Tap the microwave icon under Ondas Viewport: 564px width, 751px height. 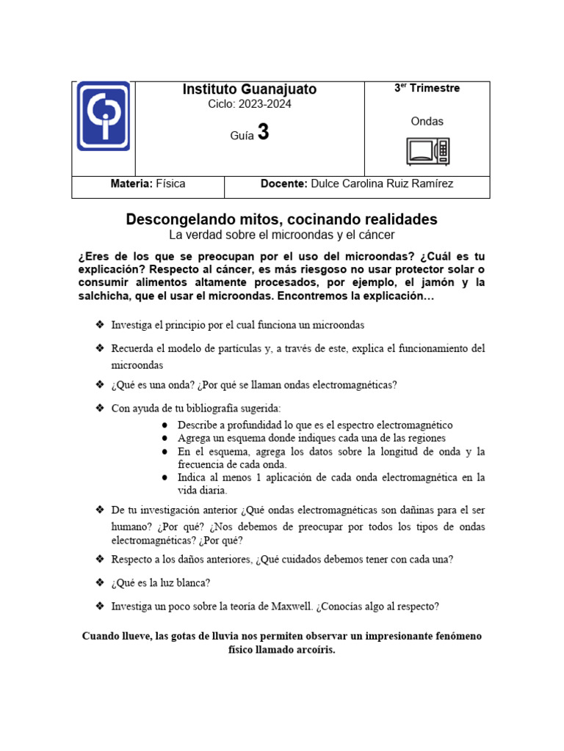click(428, 151)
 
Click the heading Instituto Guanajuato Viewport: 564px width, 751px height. click(250, 89)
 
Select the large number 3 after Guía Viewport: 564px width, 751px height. click(263, 133)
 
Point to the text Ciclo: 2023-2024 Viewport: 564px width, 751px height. click(250, 104)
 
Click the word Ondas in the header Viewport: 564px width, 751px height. click(427, 122)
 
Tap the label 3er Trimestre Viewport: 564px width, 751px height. click(427, 88)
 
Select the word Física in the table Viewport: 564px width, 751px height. click(170, 184)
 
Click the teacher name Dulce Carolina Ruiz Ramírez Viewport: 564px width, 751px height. click(382, 184)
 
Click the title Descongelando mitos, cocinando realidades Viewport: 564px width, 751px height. click(281, 219)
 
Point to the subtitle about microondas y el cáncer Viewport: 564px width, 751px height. click(281, 235)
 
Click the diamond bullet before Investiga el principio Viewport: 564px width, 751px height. click(99, 324)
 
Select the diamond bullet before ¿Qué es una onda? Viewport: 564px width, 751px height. click(99, 384)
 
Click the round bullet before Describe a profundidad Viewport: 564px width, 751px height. click(166, 425)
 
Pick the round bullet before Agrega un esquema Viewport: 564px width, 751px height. click(166, 438)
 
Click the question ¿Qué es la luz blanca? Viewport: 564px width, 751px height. click(161, 583)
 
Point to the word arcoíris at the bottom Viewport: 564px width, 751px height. click(314, 651)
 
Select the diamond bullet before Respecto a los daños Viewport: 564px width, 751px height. click(99, 559)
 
